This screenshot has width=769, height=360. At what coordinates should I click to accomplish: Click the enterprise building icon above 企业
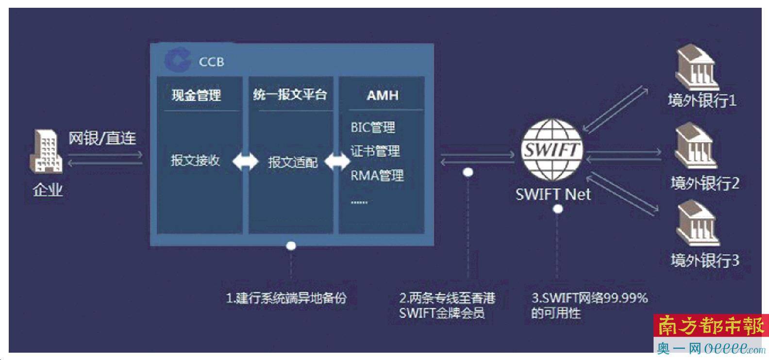(x=48, y=151)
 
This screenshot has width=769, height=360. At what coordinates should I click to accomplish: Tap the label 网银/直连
(x=102, y=138)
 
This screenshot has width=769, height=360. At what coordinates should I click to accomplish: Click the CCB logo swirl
(x=177, y=61)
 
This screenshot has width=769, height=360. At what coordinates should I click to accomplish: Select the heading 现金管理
(x=196, y=95)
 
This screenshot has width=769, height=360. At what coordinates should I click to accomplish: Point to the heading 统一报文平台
(x=290, y=95)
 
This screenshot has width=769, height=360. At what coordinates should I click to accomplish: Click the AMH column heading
(x=383, y=95)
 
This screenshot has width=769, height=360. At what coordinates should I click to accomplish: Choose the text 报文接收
(x=195, y=161)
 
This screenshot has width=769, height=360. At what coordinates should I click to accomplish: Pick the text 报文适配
(x=293, y=162)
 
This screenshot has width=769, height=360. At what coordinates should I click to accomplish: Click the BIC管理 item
(x=373, y=128)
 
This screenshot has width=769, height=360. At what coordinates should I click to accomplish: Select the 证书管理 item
(x=375, y=151)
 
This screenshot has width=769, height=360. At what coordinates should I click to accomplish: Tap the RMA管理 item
(x=377, y=175)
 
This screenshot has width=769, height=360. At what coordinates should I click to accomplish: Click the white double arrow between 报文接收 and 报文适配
(x=245, y=162)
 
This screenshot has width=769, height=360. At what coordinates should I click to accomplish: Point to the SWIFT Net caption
(x=553, y=195)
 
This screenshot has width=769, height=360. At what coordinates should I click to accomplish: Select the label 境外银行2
(x=705, y=183)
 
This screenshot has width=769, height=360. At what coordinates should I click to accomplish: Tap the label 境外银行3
(x=705, y=261)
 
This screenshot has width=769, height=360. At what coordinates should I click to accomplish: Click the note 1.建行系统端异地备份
(x=286, y=298)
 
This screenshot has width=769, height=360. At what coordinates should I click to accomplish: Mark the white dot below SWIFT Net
(x=558, y=209)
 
